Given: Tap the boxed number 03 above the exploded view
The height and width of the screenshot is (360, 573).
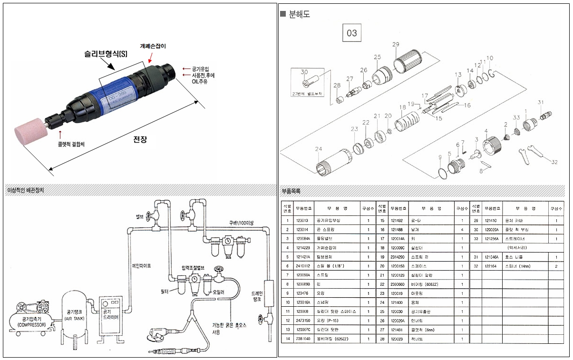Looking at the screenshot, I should pos(352,33).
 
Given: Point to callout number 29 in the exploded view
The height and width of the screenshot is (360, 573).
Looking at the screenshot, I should pos(395,45).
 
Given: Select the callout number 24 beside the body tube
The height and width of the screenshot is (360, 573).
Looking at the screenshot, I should pos(318,149).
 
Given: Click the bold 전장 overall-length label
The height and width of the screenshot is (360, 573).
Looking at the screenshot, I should pos(140,140).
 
